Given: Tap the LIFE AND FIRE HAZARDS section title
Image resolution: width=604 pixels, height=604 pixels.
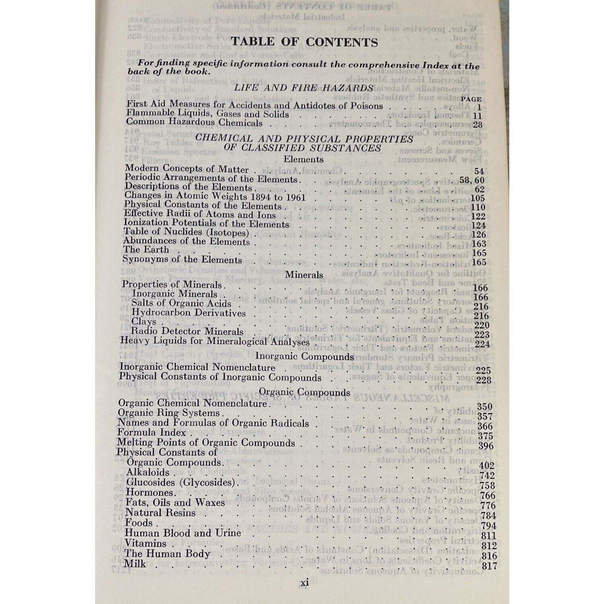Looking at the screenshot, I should (304, 88).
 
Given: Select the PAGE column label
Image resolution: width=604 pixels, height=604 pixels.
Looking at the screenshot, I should (471, 99).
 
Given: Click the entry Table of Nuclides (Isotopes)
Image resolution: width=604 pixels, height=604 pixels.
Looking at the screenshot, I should (186, 233).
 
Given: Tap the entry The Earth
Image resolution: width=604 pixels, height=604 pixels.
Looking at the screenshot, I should (146, 250).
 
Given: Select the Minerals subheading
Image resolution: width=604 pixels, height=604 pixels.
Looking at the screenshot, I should (304, 274).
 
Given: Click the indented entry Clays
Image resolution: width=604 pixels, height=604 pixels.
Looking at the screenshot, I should (143, 322).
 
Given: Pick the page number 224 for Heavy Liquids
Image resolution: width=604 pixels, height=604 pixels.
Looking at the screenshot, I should (482, 344).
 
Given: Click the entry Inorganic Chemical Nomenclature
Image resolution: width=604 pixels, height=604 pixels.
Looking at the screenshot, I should (197, 367).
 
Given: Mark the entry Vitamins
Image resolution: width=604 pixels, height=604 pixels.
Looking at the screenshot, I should (145, 544).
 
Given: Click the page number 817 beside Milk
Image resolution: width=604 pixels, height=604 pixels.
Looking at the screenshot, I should (489, 565).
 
